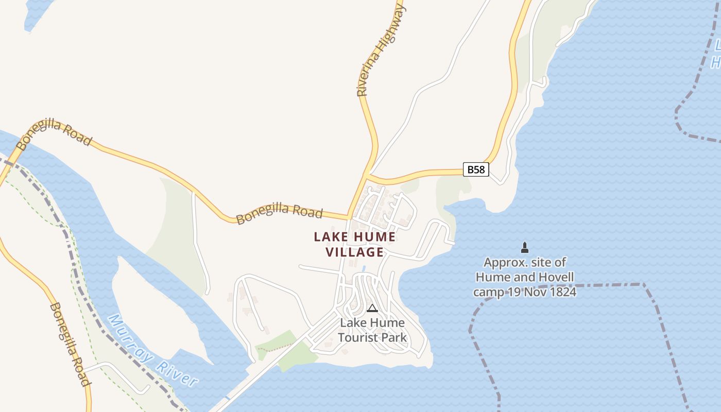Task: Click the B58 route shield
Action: click(475, 169)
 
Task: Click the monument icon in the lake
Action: click(524, 248)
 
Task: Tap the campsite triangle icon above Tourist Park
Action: click(372, 308)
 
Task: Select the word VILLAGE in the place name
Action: click(355, 252)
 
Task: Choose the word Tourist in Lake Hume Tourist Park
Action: click(358, 338)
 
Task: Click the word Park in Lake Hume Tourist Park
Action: click(394, 338)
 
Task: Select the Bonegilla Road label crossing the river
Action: click(54, 134)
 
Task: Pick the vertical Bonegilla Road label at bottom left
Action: click(70, 344)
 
